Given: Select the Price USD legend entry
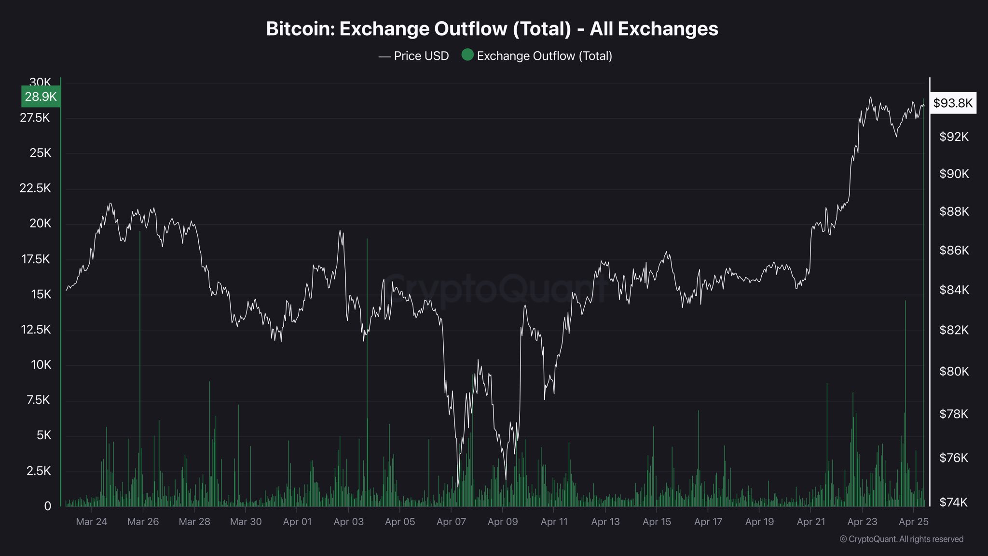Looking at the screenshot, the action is click(413, 56).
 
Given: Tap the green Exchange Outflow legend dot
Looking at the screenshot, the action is click(467, 55).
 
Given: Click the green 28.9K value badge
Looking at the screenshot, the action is click(41, 97).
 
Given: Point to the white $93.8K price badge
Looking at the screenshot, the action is click(953, 103).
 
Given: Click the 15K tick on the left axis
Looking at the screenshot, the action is click(41, 294).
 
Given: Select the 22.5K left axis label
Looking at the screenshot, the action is click(35, 188).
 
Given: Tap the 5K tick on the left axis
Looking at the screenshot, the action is click(43, 435).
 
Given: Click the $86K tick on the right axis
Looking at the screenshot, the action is click(954, 250).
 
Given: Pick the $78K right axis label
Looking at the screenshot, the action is click(954, 414).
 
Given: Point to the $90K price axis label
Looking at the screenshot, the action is click(954, 174).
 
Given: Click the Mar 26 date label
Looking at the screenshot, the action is click(143, 522).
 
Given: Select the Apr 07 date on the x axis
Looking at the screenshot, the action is click(451, 522).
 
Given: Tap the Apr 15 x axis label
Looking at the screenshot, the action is click(657, 522).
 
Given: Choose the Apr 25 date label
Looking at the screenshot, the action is click(914, 522).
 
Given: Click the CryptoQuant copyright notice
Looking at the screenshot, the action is click(902, 539).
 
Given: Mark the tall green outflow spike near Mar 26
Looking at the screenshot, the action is click(140, 369).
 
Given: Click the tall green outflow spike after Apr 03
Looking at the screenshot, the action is click(367, 372).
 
